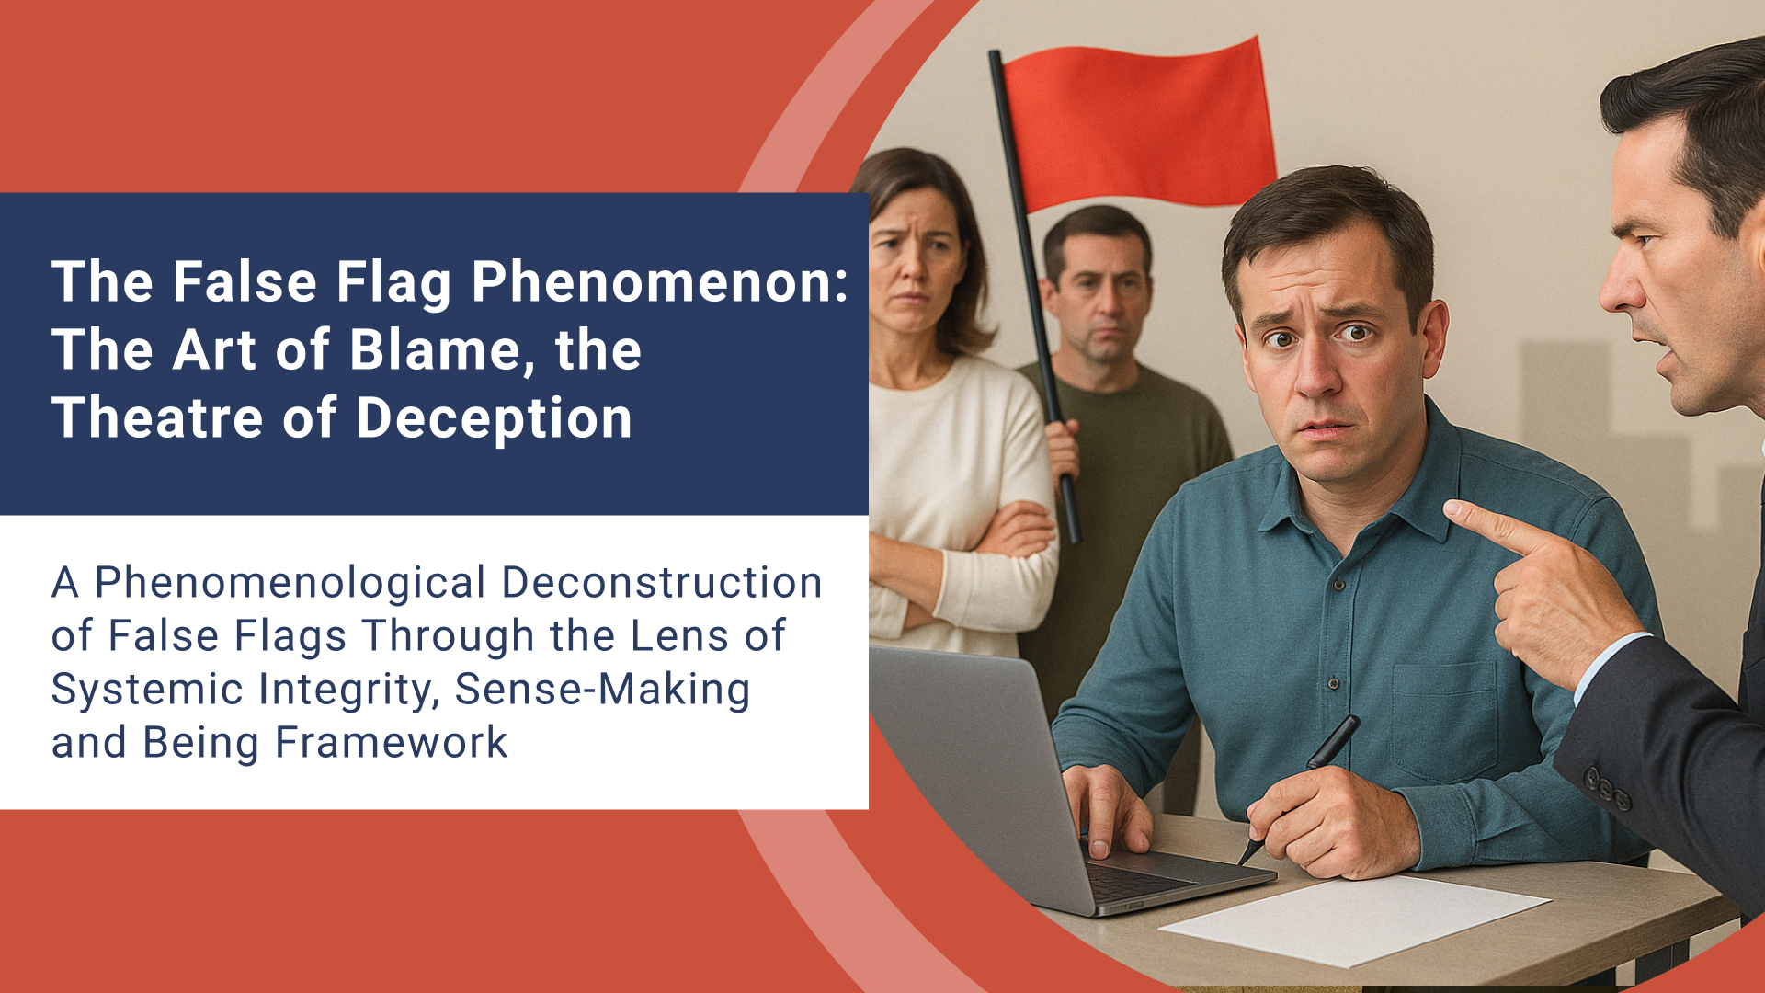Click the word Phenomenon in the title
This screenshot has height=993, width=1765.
pyautogui.click(x=658, y=281)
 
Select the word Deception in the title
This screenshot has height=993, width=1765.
pyautogui.click(x=494, y=418)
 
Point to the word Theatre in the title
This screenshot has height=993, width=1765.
pyautogui.click(x=157, y=418)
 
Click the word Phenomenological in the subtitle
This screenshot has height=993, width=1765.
pyautogui.click(x=290, y=583)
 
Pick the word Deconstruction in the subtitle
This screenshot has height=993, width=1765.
pyautogui.click(x=662, y=583)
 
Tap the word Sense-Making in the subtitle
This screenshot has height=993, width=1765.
pyautogui.click(x=602, y=690)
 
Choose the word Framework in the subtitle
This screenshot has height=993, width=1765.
pyautogui.click(x=392, y=743)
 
